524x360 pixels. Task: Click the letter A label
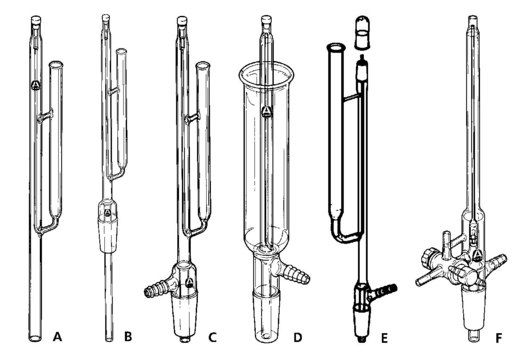[x=57, y=337]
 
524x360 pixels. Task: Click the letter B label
[x=128, y=337]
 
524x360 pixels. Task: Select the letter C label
[x=212, y=337]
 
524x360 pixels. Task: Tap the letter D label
[x=298, y=337]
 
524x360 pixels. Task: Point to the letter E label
[x=385, y=338]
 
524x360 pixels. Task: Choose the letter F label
[x=499, y=338]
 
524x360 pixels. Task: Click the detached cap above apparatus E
[x=362, y=32]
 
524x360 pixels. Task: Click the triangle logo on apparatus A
[x=35, y=85]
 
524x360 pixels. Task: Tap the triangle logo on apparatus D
[x=266, y=111]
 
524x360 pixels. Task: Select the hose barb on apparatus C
[x=157, y=289]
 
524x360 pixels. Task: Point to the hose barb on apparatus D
[x=295, y=273]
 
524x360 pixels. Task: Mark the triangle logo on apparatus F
[x=477, y=256]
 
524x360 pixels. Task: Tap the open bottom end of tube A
[x=35, y=338]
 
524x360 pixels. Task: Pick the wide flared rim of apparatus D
[x=266, y=74]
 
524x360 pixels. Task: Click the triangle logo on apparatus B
[x=107, y=213]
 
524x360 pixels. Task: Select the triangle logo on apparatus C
[x=189, y=283]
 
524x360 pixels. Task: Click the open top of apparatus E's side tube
[x=335, y=47]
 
